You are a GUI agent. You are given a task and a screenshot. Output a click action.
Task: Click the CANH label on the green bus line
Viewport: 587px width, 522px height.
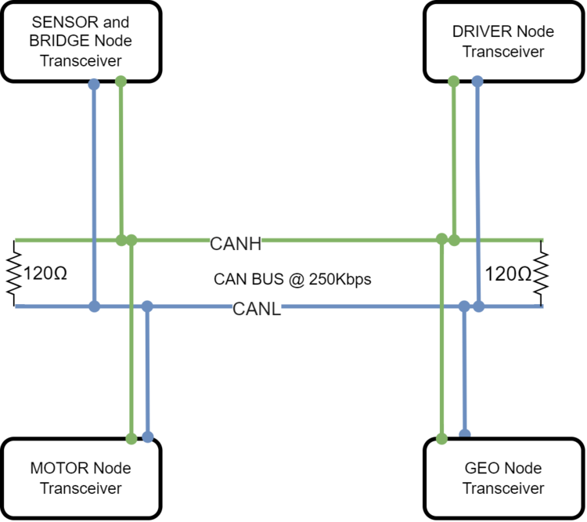click(236, 244)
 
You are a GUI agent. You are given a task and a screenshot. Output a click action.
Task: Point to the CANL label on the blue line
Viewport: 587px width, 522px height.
click(257, 310)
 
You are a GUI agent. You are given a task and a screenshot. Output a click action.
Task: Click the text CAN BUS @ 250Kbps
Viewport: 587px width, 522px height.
click(293, 279)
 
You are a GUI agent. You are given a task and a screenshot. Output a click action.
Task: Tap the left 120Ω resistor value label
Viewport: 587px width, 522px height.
click(45, 274)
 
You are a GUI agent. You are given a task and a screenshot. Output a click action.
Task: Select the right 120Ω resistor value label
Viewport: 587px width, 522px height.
click(508, 274)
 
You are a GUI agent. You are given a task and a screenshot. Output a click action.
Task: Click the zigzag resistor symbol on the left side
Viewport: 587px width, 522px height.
click(14, 274)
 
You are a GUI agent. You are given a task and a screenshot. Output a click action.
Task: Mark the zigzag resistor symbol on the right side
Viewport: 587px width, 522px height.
click(541, 274)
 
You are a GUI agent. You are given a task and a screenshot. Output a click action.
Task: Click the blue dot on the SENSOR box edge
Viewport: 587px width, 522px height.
click(94, 85)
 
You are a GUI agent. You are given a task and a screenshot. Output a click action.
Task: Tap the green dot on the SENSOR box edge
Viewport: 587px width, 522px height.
click(121, 82)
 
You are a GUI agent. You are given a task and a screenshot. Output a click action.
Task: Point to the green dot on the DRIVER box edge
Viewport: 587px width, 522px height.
click(454, 82)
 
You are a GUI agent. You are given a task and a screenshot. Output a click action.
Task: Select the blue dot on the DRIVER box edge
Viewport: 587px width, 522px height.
click(477, 81)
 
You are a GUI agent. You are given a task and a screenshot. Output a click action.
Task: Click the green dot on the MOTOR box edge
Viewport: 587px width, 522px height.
click(131, 438)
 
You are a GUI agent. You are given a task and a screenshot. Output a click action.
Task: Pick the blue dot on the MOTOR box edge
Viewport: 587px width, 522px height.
click(148, 437)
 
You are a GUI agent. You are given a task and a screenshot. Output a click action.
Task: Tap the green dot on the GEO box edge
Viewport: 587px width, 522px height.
click(441, 438)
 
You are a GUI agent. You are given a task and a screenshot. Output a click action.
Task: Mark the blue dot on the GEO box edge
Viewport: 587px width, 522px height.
click(465, 434)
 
